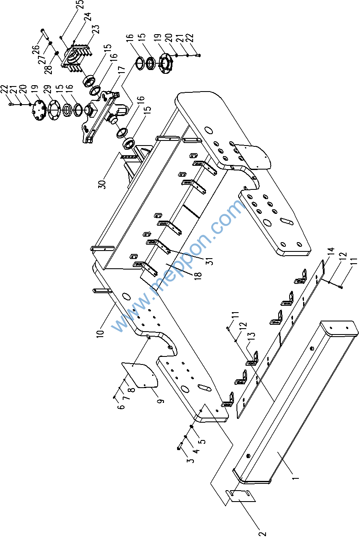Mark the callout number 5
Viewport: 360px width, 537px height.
coord(202,442)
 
